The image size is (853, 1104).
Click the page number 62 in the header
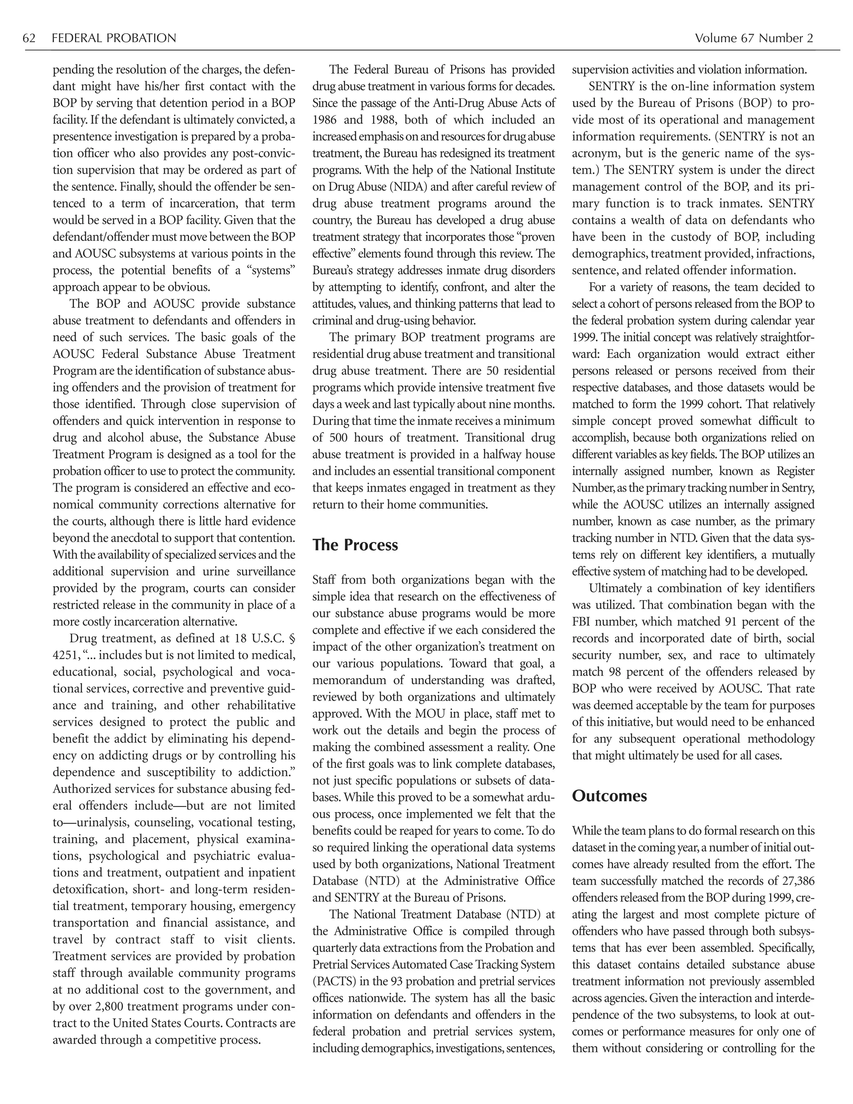[29, 38]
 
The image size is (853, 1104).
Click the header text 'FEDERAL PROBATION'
[114, 38]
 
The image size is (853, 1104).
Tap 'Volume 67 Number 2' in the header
[754, 38]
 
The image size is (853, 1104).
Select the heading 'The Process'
[355, 545]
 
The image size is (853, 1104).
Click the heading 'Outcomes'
[609, 796]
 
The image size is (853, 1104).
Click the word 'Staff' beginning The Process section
[324, 580]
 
